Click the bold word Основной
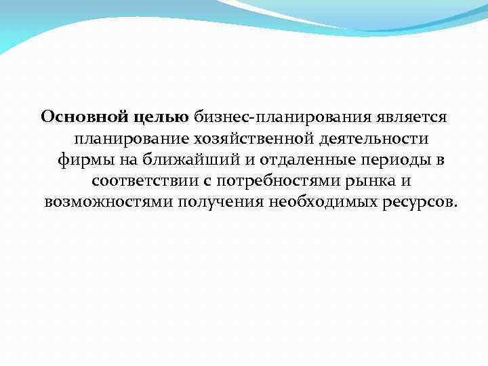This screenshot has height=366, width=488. click(x=82, y=117)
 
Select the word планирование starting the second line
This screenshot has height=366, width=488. click(x=130, y=139)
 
